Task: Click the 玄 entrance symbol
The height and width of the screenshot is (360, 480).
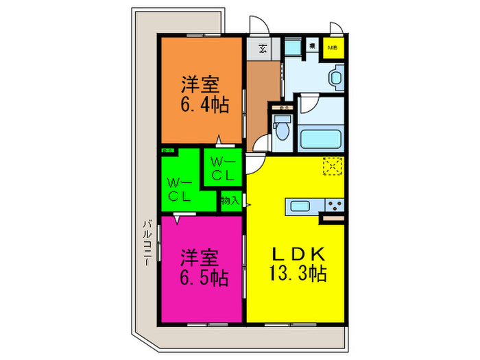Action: point(264,49)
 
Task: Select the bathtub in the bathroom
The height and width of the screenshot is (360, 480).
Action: point(322,139)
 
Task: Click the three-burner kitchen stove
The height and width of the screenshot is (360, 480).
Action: point(334,205)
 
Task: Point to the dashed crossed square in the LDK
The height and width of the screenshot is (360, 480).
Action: point(333,165)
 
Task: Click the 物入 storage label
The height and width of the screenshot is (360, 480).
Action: point(230,201)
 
